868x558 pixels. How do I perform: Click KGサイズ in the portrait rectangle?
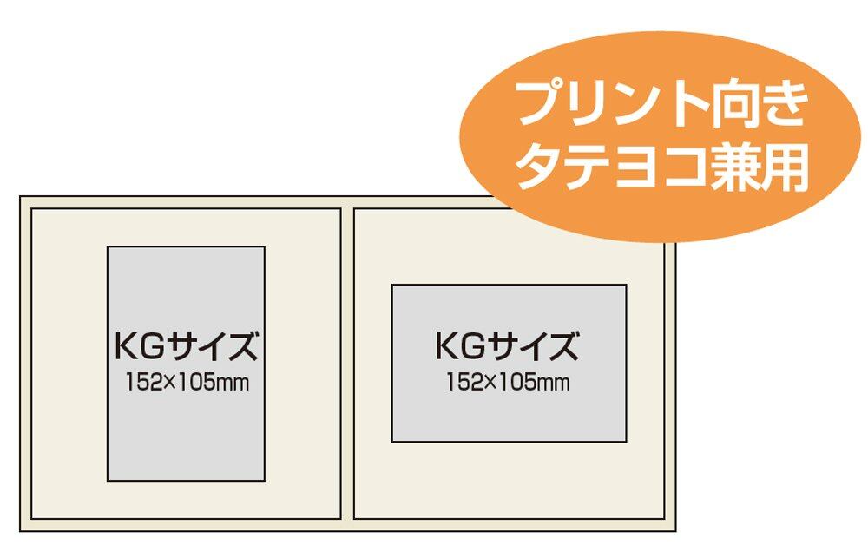[186, 346]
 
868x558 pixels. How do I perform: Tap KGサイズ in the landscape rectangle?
[507, 346]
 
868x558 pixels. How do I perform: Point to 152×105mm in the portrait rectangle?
[186, 382]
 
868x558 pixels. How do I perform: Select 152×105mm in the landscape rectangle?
[508, 381]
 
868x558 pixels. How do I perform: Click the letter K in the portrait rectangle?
[125, 346]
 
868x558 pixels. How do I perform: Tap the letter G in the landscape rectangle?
[475, 346]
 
